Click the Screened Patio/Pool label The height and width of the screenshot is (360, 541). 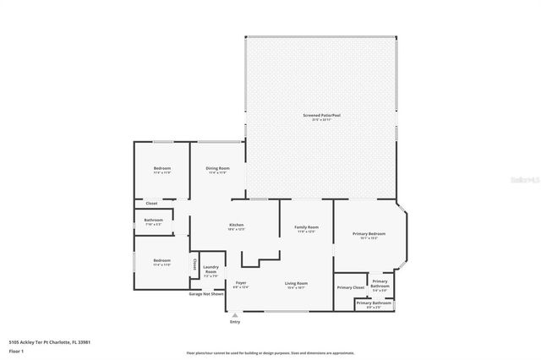click(x=320, y=116)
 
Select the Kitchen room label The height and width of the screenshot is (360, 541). click(x=236, y=225)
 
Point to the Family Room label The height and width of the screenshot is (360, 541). click(x=306, y=228)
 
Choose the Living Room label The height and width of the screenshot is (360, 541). click(x=296, y=284)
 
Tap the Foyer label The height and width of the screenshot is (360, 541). click(x=241, y=284)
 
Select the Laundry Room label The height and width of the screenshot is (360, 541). click(x=211, y=270)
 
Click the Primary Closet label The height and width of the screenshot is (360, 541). click(x=350, y=288)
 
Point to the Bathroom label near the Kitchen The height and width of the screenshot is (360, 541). click(x=153, y=221)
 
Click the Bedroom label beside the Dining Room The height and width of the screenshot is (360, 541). click(x=162, y=169)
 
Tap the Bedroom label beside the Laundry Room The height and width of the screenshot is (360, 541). click(x=161, y=261)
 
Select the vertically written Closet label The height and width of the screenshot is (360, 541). click(x=194, y=265)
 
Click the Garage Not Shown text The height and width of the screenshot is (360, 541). click(x=206, y=294)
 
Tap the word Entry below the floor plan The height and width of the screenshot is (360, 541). click(x=235, y=322)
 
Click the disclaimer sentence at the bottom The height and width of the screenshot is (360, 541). click(x=270, y=353)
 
